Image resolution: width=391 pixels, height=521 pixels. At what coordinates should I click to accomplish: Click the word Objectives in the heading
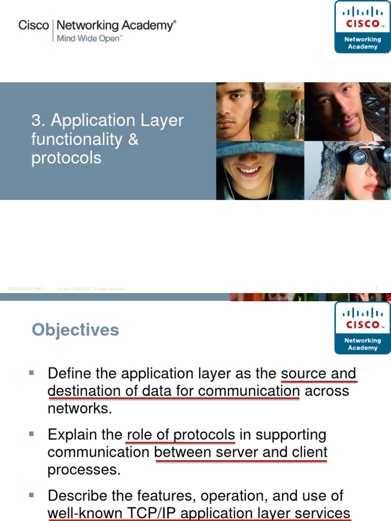(x=75, y=330)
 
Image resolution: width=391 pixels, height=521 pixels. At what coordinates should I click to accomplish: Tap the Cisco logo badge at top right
(x=362, y=26)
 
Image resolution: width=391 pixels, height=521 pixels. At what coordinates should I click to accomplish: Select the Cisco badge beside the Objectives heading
(x=362, y=328)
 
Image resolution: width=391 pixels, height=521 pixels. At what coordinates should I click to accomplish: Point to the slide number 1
(x=376, y=288)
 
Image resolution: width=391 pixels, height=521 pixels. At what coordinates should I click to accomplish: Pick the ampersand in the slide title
(x=133, y=139)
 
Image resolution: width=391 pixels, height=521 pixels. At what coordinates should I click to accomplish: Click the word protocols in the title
(x=66, y=158)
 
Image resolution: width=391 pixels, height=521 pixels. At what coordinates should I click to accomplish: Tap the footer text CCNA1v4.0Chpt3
(x=25, y=289)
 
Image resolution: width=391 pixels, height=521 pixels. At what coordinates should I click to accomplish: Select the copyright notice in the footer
(x=92, y=289)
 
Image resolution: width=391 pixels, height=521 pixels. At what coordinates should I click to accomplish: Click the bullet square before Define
(x=32, y=373)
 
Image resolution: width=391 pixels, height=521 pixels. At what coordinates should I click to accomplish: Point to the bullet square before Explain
(x=32, y=434)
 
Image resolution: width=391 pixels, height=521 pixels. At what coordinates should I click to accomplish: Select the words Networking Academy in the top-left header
(x=117, y=25)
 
